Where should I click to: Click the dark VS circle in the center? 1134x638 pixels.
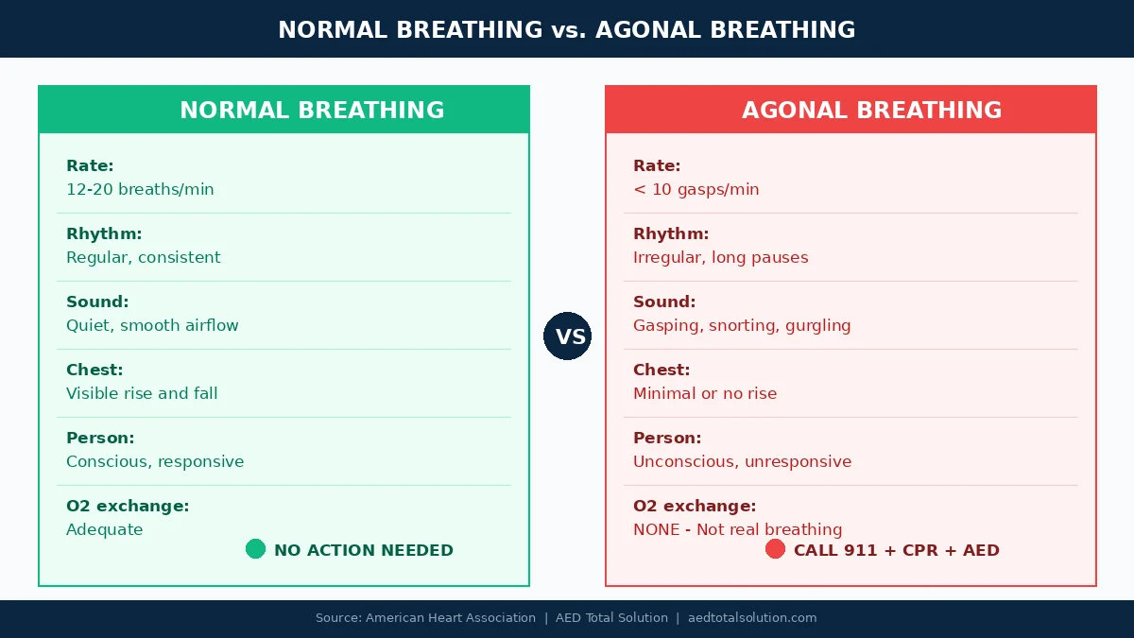pyautogui.click(x=567, y=336)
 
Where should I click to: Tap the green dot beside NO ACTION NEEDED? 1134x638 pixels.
pyautogui.click(x=255, y=549)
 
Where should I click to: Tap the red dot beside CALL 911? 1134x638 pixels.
pyautogui.click(x=775, y=549)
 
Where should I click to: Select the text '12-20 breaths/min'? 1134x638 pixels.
pyautogui.click(x=140, y=189)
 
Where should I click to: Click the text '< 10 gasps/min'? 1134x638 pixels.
pyautogui.click(x=696, y=189)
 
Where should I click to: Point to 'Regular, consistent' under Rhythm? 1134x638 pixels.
pyautogui.click(x=143, y=257)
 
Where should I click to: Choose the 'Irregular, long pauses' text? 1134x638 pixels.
pyautogui.click(x=720, y=257)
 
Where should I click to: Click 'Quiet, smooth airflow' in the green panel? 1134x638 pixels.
pyautogui.click(x=152, y=325)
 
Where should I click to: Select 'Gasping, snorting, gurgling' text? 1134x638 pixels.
pyautogui.click(x=742, y=325)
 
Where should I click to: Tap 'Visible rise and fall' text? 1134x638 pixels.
pyautogui.click(x=142, y=393)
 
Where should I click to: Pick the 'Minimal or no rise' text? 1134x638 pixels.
pyautogui.click(x=705, y=393)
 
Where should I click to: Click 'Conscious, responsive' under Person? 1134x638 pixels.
pyautogui.click(x=155, y=461)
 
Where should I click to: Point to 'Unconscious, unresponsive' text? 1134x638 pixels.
pyautogui.click(x=742, y=461)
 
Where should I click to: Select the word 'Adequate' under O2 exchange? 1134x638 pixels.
pyautogui.click(x=105, y=529)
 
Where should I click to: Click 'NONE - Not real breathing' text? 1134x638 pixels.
pyautogui.click(x=737, y=529)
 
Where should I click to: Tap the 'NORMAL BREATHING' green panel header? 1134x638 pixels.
pyautogui.click(x=312, y=111)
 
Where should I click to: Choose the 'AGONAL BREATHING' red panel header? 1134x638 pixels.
pyautogui.click(x=871, y=111)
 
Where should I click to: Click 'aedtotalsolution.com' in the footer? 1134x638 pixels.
pyautogui.click(x=752, y=618)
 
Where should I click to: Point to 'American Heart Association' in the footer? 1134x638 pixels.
pyautogui.click(x=451, y=618)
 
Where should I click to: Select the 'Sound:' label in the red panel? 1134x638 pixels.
pyautogui.click(x=664, y=302)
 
